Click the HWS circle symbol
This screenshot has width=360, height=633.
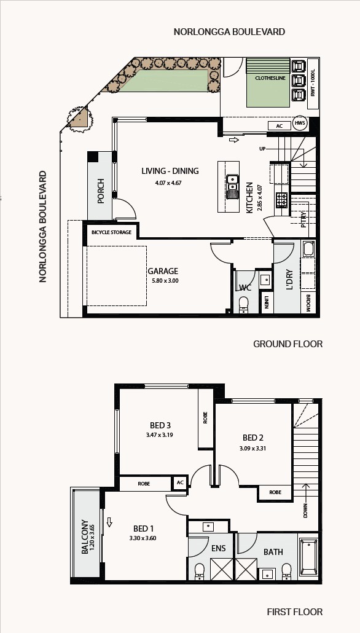pos(300,124)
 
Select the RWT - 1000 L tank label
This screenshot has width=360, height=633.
pos(313,84)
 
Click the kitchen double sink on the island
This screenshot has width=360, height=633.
pos(232,186)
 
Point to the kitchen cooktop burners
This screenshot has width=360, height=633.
pos(282,199)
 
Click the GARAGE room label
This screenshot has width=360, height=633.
pos(163,271)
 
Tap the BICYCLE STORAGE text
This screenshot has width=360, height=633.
pos(111,232)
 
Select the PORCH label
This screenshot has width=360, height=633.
pos(101,191)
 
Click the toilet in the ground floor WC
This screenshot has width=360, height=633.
pos(244,304)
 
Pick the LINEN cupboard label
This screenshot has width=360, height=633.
pos(267,302)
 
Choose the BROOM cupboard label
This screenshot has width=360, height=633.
pos(308,302)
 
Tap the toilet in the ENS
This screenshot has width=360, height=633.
pos(200,572)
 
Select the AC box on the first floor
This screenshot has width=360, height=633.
pos(180,483)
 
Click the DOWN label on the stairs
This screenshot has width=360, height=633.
pos(305,510)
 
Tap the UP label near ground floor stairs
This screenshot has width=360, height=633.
pos(262,149)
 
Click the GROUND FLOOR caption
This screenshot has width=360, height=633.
pos(288,344)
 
